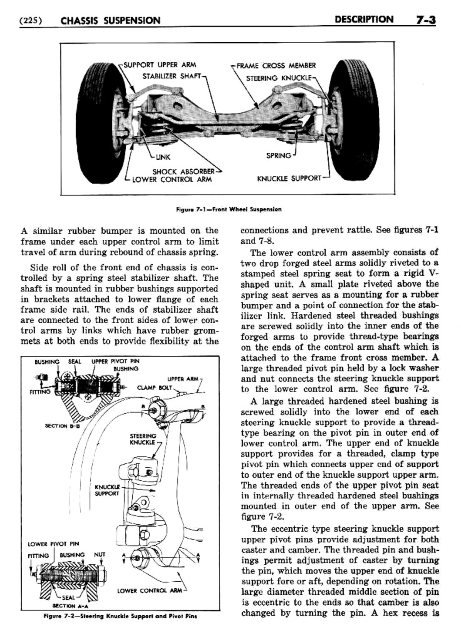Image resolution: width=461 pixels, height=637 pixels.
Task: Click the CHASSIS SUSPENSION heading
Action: pos(110,20)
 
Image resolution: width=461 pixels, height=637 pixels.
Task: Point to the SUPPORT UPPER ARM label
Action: pos(160,65)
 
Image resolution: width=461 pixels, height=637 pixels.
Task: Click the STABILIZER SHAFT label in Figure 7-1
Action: pos(172,76)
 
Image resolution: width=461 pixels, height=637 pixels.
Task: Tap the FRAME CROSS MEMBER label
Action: pos(276,66)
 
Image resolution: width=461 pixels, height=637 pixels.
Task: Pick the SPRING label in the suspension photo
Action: pos(278,155)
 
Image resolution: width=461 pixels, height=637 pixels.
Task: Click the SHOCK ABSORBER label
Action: pos(183,171)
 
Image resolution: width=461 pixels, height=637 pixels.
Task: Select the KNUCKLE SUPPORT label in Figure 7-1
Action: pos(289,178)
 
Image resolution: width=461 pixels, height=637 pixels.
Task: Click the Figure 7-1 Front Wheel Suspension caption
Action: pos(228,209)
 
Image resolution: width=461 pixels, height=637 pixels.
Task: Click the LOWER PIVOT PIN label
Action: pos(53,543)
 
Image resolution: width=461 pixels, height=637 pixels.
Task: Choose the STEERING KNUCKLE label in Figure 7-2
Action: pos(143,439)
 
